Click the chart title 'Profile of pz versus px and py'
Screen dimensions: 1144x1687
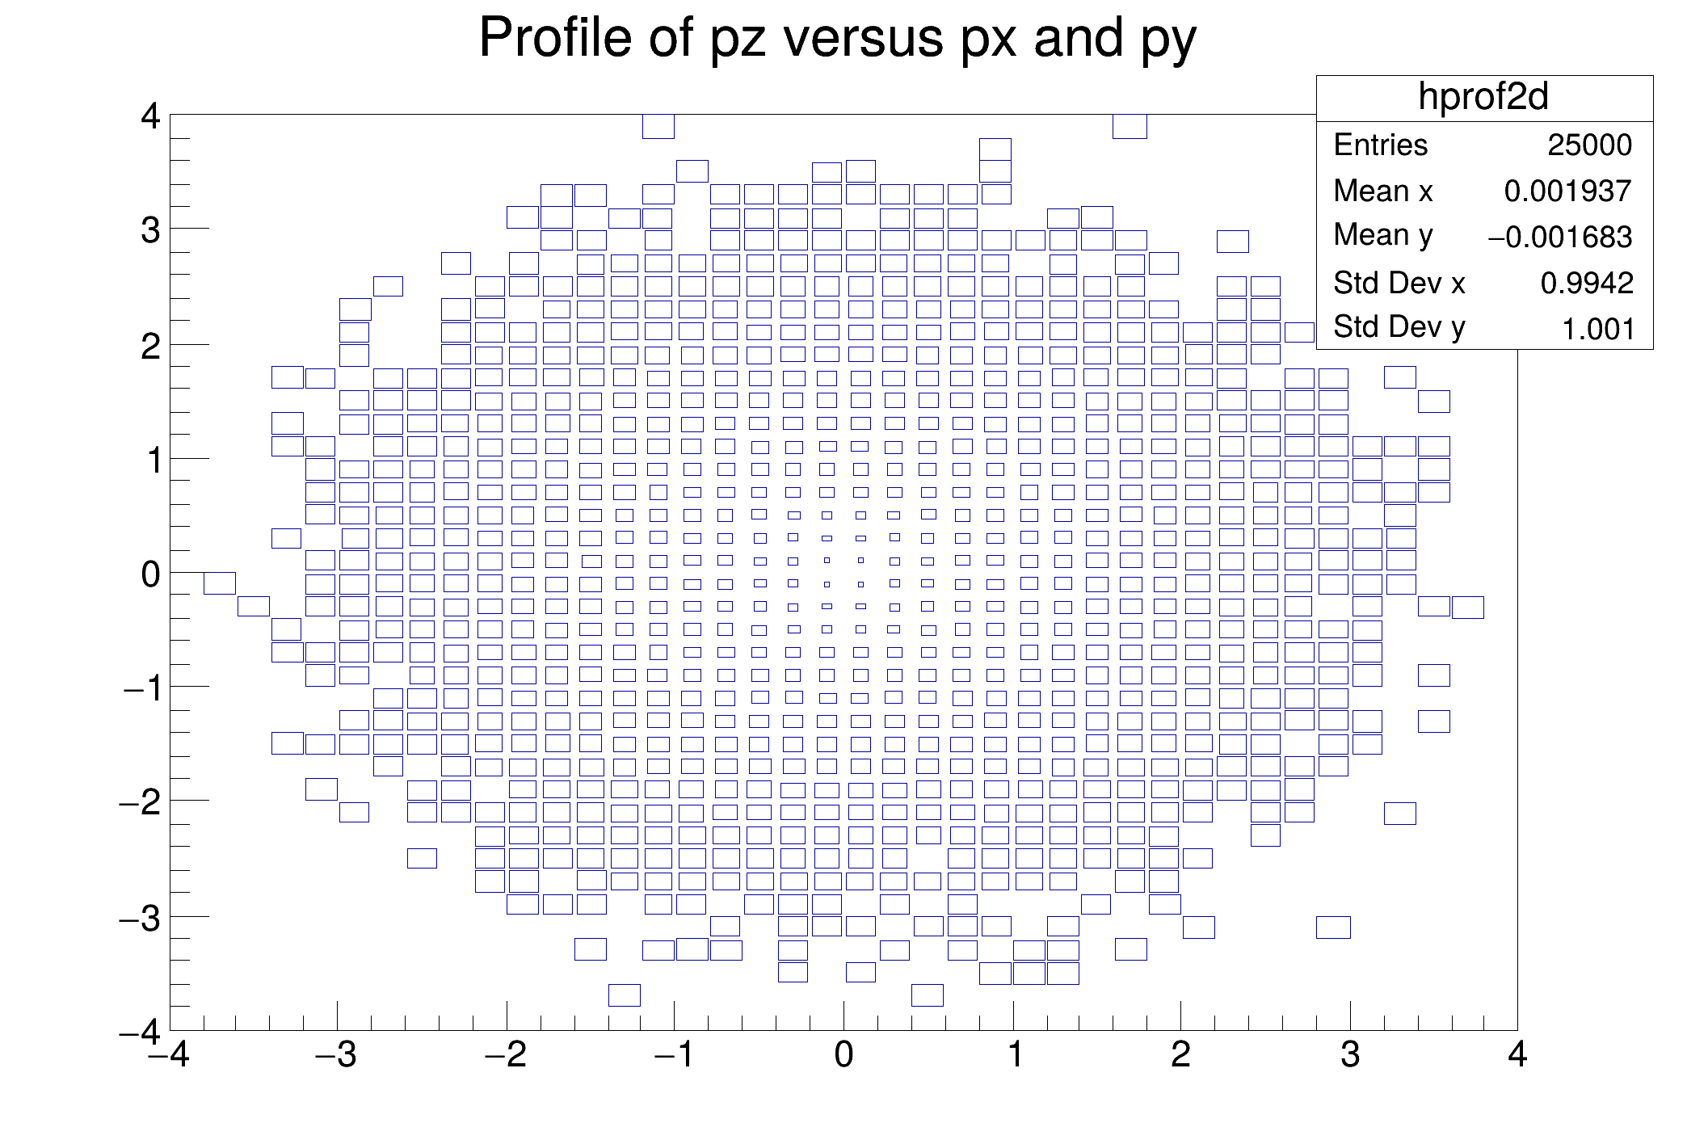837,38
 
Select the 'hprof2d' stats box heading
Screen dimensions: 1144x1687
1483,98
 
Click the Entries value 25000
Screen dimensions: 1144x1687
1589,145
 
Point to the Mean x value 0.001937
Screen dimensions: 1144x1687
1567,191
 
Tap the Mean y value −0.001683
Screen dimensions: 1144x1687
1559,237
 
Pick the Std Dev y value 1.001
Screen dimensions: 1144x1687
1598,329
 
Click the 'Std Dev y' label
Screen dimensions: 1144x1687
1399,327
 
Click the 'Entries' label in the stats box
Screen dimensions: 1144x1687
1380,145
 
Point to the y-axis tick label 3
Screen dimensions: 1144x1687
150,231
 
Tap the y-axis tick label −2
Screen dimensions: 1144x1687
141,803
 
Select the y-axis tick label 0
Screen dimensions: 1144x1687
150,575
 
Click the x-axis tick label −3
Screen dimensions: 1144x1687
337,1055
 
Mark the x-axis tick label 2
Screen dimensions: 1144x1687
1180,1055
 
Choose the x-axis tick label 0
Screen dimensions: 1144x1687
843,1055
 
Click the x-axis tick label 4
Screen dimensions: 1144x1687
1517,1055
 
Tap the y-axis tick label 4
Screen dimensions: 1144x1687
150,117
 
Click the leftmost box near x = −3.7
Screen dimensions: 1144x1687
220,583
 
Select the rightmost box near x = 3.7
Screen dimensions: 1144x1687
1467,607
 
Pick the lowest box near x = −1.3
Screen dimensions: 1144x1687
625,995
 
